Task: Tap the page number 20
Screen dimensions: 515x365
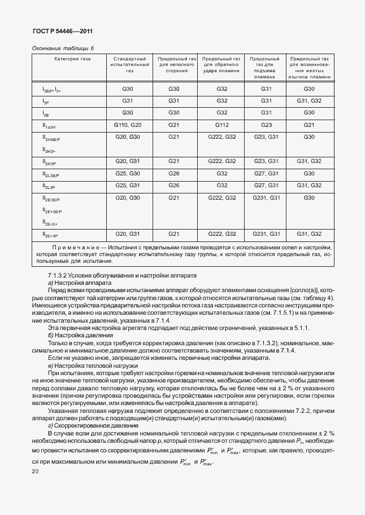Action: [36, 471]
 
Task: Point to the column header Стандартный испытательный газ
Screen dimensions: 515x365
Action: [130, 65]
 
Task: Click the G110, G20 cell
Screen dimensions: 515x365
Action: [128, 125]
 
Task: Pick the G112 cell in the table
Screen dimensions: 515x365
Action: [221, 125]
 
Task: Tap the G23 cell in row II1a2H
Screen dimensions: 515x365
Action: [267, 125]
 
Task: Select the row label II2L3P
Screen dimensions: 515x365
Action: [49, 186]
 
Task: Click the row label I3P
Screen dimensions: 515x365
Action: [46, 102]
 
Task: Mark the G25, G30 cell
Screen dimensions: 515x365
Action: [128, 173]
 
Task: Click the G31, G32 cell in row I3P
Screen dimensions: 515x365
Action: [309, 100]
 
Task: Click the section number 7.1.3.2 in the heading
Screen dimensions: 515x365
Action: [61, 275]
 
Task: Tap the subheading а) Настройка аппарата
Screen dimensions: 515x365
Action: [80, 282]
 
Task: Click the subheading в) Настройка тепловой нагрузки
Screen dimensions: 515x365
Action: [91, 366]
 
